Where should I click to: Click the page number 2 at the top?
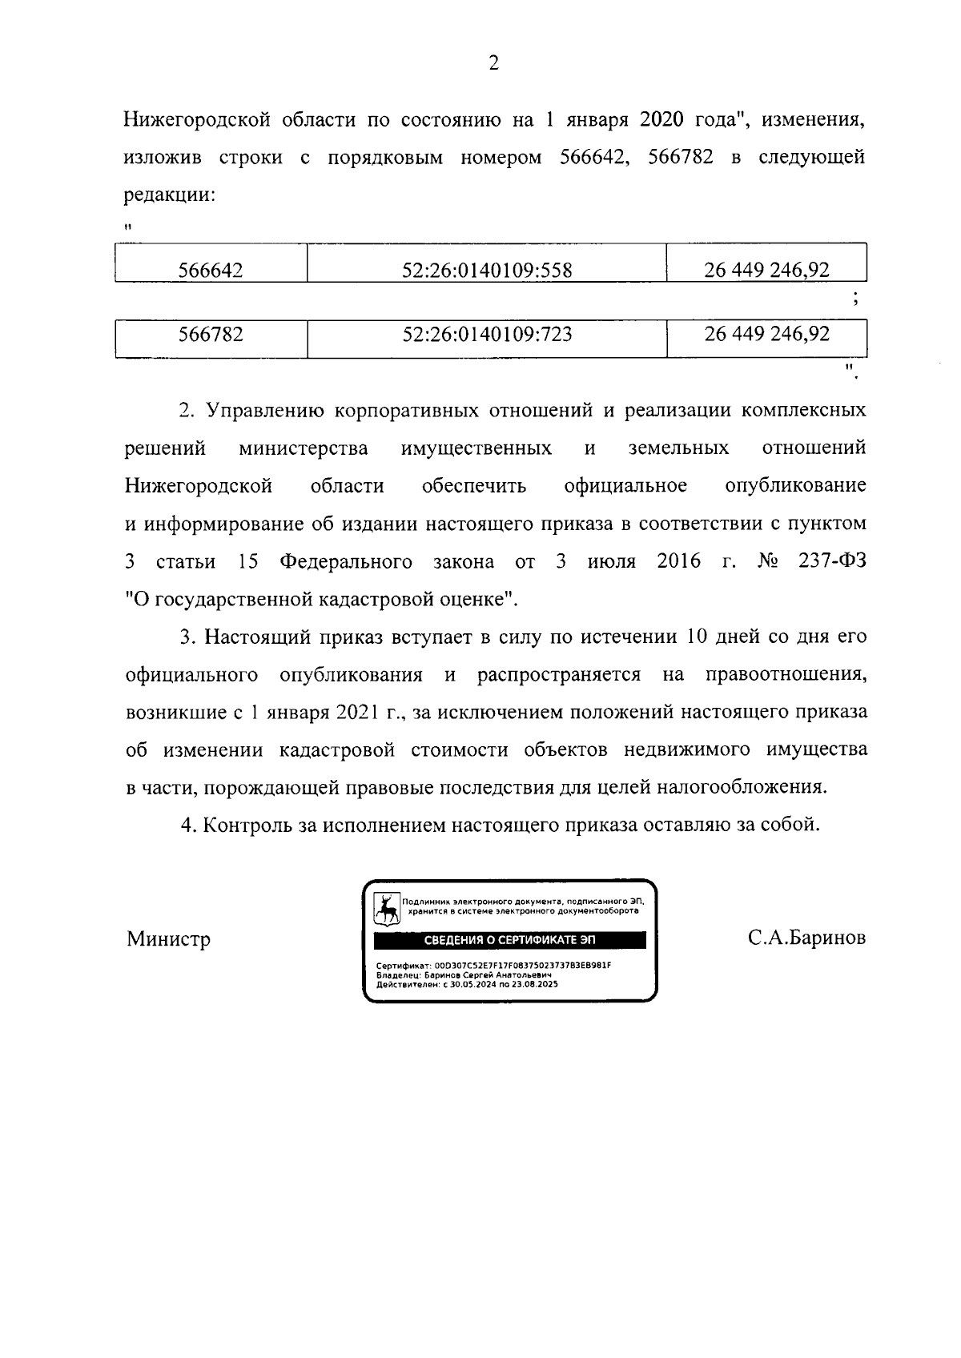493,63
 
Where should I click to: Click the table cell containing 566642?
211,270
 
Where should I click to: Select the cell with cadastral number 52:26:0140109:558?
487,270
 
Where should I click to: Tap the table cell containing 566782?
211,334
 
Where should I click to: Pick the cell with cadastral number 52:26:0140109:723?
487,334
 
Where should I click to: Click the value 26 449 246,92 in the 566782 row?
766,333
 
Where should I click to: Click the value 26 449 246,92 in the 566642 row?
766,270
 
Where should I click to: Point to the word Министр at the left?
168,938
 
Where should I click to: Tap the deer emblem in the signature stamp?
388,909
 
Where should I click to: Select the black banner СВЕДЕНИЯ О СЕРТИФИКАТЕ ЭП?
509,940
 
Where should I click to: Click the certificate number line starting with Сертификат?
493,965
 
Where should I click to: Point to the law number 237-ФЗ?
832,561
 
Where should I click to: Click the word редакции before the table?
169,195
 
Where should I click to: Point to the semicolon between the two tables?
856,299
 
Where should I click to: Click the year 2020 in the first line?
661,120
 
